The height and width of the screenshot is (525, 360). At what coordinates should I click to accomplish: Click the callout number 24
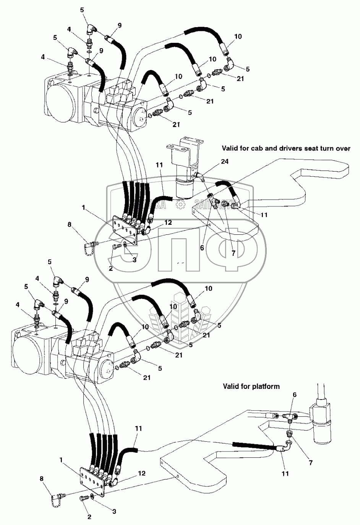coord(224,161)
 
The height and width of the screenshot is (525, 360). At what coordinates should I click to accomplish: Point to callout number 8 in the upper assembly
coord(70,224)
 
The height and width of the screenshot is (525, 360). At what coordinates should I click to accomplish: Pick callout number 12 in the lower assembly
coord(142,473)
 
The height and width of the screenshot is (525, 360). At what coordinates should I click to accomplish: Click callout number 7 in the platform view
coord(310,463)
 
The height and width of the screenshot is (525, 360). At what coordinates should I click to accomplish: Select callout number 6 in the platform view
coord(294,394)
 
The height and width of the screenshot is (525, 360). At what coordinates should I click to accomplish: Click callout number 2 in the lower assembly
coord(89,517)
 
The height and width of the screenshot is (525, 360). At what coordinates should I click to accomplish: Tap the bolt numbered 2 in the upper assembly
coord(117,247)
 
